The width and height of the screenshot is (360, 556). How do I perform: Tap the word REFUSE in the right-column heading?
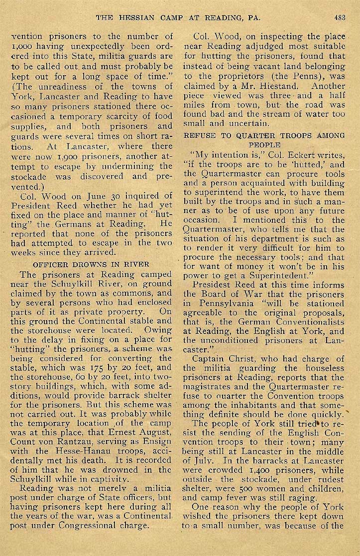click(x=199, y=135)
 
